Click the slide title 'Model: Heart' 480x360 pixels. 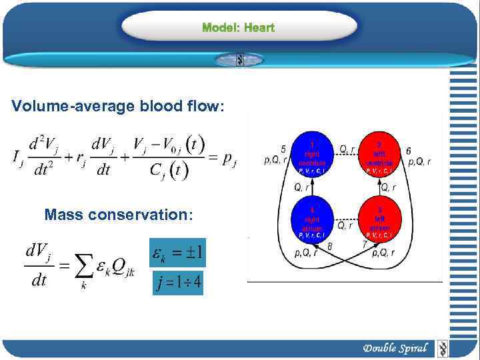(238, 28)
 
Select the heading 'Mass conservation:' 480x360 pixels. (119, 215)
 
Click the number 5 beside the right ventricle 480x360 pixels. (283, 149)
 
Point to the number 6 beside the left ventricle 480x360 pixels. (407, 151)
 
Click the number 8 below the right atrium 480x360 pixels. (331, 247)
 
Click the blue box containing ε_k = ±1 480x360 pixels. (178, 253)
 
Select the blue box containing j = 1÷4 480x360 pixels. (178, 283)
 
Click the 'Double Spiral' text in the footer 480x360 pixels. (395, 348)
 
